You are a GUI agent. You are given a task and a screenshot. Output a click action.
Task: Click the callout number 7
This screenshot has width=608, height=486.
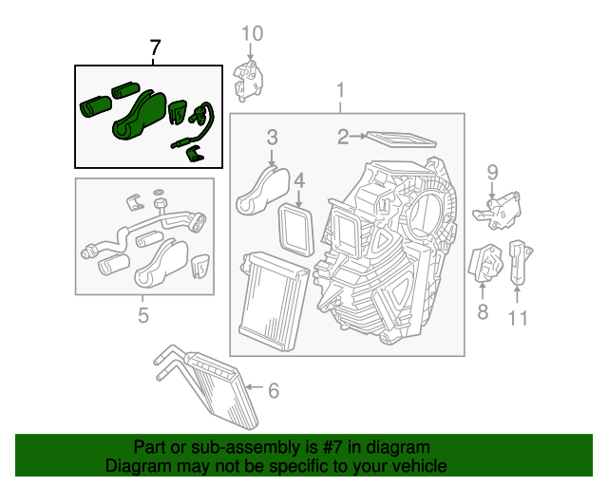pyautogui.click(x=156, y=48)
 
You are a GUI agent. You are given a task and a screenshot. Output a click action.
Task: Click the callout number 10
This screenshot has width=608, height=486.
pyautogui.click(x=251, y=35)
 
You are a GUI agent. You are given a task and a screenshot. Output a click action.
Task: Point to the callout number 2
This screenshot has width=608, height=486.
pyautogui.click(x=343, y=138)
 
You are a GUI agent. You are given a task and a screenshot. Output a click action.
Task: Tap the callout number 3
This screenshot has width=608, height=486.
pyautogui.click(x=272, y=137)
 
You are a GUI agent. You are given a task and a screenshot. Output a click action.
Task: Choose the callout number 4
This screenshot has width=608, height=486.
pyautogui.click(x=298, y=180)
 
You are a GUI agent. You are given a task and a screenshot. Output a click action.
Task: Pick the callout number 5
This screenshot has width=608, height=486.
pyautogui.click(x=142, y=315)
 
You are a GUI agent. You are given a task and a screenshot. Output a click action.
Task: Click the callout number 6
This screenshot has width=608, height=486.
pyautogui.click(x=273, y=389)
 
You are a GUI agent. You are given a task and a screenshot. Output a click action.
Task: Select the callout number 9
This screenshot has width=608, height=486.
pyautogui.click(x=493, y=172)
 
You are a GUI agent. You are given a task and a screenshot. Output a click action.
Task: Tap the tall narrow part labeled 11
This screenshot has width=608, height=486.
pyautogui.click(x=519, y=261)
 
